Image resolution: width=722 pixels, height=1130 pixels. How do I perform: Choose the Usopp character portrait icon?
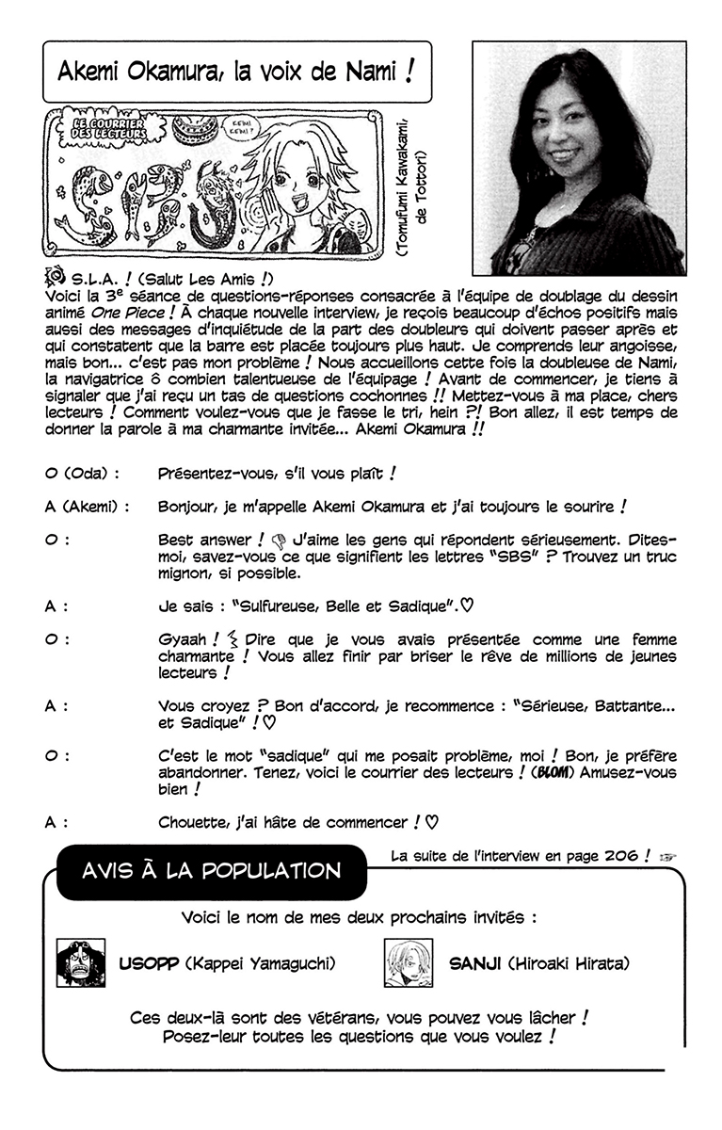80,962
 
